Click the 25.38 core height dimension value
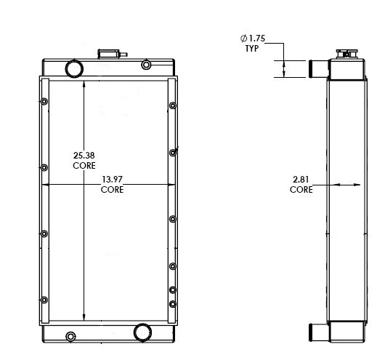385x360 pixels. (84, 155)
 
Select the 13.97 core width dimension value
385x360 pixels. (112, 180)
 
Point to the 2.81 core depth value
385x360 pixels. (301, 180)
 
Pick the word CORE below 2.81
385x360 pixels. (301, 190)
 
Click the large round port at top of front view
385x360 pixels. (75, 68)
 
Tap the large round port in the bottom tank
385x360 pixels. (142, 332)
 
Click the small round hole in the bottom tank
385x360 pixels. (70, 336)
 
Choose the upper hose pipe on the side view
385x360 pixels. (317, 69)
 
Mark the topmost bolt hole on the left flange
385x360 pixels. (44, 101)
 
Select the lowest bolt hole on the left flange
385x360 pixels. (44, 300)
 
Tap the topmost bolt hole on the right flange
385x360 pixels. (173, 106)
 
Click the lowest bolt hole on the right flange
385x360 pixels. (173, 303)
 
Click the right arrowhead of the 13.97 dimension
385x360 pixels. (171, 185)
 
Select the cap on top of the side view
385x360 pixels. (344, 52)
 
